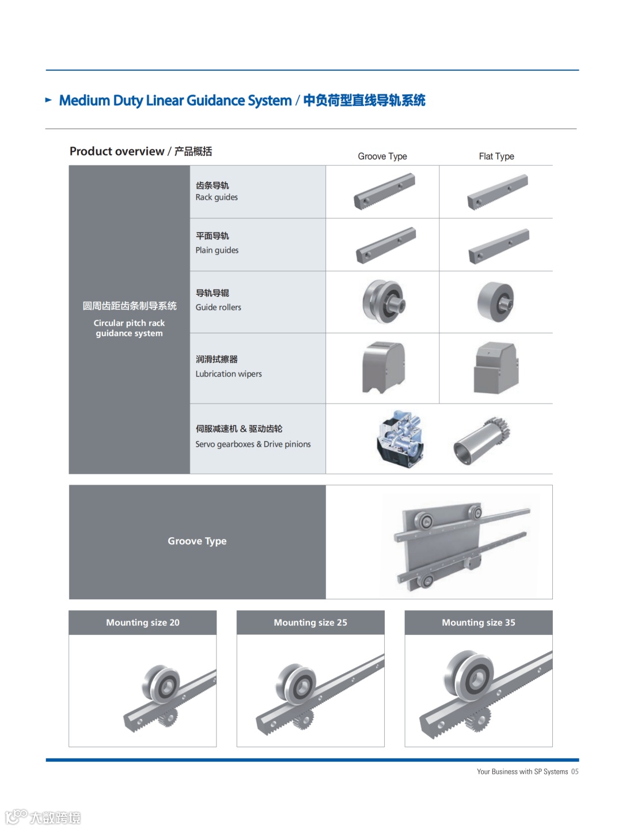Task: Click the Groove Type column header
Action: (382, 157)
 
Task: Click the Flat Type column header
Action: (496, 157)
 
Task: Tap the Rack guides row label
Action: (217, 197)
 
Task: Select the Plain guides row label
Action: (217, 250)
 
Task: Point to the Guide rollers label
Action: (218, 307)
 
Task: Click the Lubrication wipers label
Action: (229, 374)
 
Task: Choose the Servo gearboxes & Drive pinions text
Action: (253, 444)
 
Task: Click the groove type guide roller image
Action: (383, 302)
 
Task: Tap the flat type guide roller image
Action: (496, 302)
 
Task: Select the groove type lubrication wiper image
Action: (384, 367)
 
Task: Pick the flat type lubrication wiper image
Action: (496, 367)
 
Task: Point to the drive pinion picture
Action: (482, 440)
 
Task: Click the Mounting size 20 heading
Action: (143, 623)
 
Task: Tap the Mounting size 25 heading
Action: (310, 623)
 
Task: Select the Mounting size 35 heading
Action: (479, 623)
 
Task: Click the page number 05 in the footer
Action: (575, 772)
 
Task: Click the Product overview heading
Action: (141, 151)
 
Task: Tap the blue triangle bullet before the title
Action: (49, 100)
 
